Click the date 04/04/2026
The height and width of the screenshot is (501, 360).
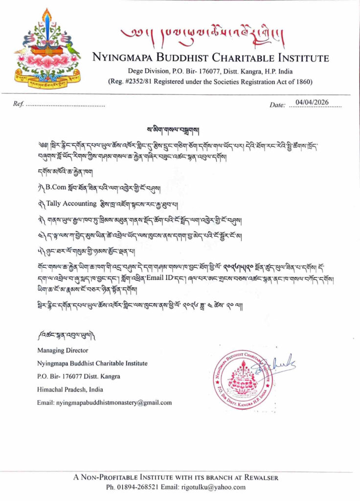tap(313, 102)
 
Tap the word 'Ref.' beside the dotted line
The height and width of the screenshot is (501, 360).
tap(19, 104)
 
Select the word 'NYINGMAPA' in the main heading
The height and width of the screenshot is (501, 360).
tap(123, 58)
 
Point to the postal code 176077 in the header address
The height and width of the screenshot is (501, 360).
tap(195, 70)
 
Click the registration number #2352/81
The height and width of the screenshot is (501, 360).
tap(133, 81)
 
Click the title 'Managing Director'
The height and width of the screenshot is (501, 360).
tap(62, 350)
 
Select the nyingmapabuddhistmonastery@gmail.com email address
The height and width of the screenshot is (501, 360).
tap(105, 403)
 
